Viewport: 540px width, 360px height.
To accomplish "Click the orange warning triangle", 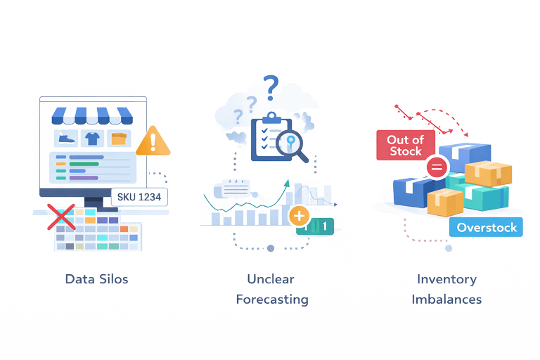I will click(x=153, y=142).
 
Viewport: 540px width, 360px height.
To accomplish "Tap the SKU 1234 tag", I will click(x=139, y=197).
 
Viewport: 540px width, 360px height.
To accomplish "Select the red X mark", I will click(x=62, y=216).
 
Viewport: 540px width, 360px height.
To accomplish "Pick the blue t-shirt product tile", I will click(x=94, y=138).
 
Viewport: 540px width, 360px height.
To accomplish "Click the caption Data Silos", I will click(x=96, y=278).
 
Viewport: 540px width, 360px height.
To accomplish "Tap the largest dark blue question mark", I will click(x=271, y=86).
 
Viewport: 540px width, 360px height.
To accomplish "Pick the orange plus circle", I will click(x=299, y=215).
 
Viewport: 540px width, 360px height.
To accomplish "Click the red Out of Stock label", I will click(x=404, y=146).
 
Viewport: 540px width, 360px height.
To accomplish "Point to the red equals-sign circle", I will click(x=436, y=167).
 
